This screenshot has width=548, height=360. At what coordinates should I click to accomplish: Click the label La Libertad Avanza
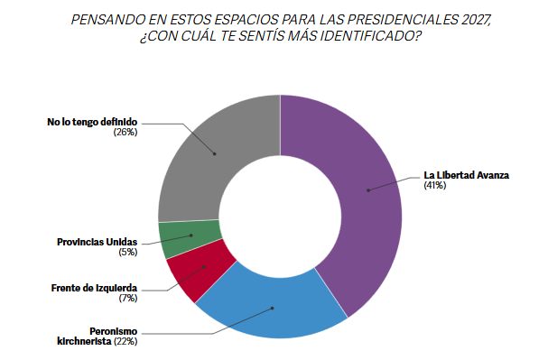467,175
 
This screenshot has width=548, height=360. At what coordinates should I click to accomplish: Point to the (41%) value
435,187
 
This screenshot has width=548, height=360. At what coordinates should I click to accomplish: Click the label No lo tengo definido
93,122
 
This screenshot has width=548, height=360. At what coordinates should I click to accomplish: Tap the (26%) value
125,133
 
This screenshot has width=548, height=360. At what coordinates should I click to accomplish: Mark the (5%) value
126,254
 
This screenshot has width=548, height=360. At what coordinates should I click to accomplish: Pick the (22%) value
125,343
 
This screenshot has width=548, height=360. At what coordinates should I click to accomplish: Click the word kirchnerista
85,343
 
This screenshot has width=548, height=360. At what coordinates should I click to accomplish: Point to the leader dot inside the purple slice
368,190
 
